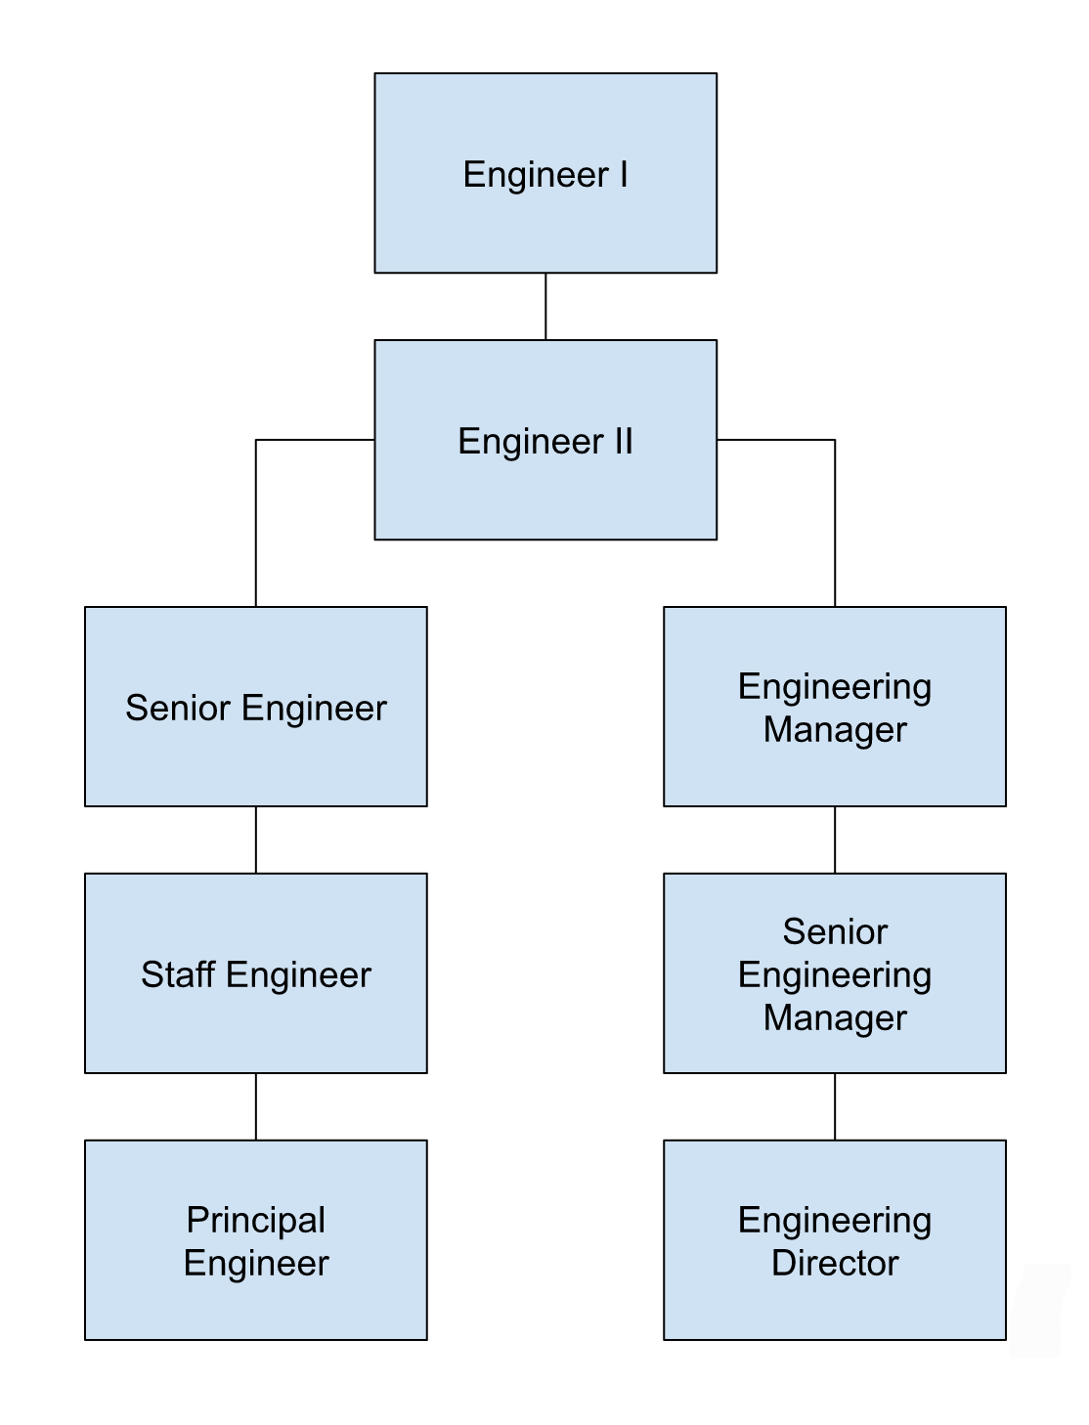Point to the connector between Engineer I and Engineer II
tap(545, 306)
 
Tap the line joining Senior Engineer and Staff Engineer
tap(256, 840)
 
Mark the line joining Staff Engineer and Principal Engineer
tap(256, 1106)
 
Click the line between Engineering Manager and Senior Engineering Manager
tap(835, 840)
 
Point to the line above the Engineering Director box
tap(835, 1106)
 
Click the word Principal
tap(256, 1220)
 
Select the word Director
tap(835, 1263)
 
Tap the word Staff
tap(178, 974)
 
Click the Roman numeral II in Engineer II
tap(623, 441)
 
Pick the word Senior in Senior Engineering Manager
tap(835, 931)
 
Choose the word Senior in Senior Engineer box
tap(179, 708)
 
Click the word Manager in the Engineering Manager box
tap(835, 729)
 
